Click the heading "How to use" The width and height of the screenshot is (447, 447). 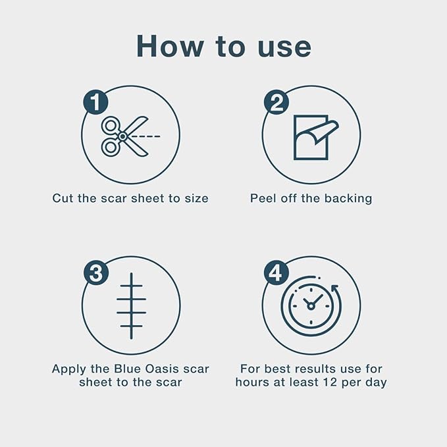[224, 47]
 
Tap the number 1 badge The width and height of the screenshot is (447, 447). [96, 102]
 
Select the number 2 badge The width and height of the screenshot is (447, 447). [276, 102]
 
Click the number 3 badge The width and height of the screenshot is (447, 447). [96, 273]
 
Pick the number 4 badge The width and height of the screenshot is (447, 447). [276, 273]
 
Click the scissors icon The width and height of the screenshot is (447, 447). [125, 136]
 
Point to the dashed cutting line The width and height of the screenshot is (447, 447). [145, 136]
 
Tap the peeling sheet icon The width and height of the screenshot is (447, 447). [316, 137]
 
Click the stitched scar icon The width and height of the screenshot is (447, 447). [131, 306]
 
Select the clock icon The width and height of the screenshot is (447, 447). [311, 306]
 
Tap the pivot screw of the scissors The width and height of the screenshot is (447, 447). [123, 136]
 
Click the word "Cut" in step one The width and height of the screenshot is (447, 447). [62, 198]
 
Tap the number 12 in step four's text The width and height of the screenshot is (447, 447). [330, 382]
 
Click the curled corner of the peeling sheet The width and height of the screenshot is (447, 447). [327, 131]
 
